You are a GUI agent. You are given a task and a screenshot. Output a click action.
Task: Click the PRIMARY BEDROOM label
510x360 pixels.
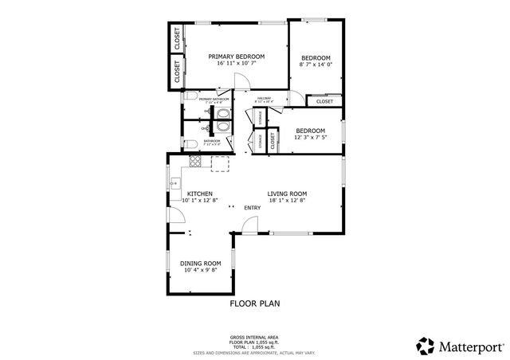(x=236, y=57)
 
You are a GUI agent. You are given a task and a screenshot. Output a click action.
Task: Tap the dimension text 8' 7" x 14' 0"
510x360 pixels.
(x=316, y=65)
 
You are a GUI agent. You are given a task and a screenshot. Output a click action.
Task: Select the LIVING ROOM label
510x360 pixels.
(x=287, y=194)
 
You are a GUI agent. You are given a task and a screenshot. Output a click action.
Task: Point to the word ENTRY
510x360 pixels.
(x=253, y=209)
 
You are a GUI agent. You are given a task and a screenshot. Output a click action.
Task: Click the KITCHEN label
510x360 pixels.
(x=199, y=194)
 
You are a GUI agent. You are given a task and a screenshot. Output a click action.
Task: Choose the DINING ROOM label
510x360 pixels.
(x=200, y=264)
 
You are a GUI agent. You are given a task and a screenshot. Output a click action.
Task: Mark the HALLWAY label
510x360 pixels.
(x=264, y=98)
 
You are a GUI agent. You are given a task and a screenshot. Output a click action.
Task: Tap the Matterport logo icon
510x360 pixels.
(x=426, y=346)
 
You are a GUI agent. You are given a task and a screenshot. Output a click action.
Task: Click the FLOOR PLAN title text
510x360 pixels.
(x=255, y=303)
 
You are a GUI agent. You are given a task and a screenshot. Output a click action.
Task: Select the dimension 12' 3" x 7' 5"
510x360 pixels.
(x=309, y=138)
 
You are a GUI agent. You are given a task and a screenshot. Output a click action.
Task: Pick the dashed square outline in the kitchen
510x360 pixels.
(x=220, y=163)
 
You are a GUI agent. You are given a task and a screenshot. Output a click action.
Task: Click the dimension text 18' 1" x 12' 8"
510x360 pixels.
(x=287, y=201)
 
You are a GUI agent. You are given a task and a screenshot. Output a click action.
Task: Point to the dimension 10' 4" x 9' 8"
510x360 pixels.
(x=200, y=271)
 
